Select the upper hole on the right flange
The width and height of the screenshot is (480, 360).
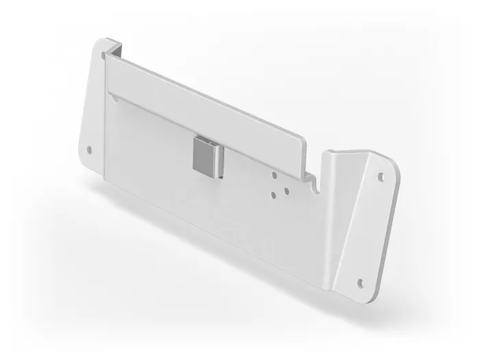[x=382, y=176]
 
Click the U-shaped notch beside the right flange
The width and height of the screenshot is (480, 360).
[x=315, y=181]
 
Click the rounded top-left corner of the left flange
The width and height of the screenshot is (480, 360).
[x=99, y=43]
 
